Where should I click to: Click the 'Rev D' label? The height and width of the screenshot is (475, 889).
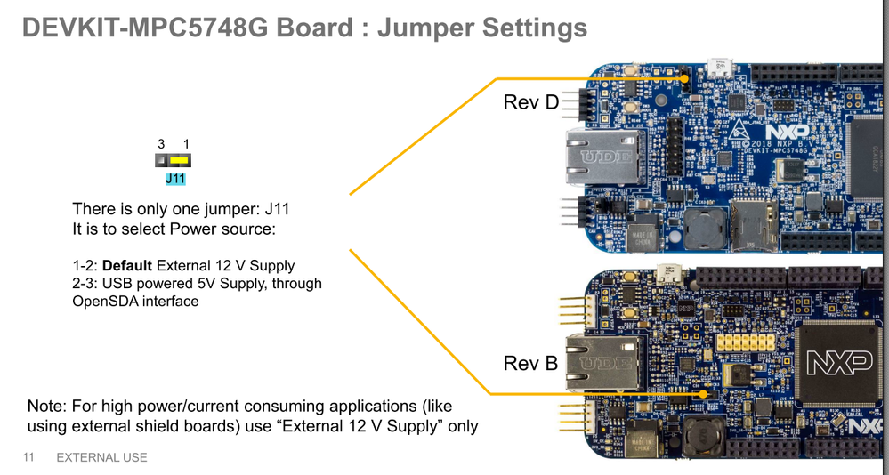click(x=530, y=102)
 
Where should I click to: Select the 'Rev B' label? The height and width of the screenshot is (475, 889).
click(x=530, y=364)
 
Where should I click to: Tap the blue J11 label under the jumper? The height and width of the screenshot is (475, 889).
click(x=175, y=179)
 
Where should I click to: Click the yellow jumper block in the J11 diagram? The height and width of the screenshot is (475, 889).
click(x=180, y=161)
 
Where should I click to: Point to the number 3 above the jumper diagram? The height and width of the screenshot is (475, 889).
click(x=161, y=143)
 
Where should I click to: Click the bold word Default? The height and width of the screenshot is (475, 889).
click(x=128, y=265)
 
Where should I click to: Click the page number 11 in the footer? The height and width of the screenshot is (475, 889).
click(x=28, y=457)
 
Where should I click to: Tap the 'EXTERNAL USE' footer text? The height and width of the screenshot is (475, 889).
click(x=101, y=457)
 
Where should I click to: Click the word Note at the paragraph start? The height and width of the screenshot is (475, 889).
click(x=46, y=406)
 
